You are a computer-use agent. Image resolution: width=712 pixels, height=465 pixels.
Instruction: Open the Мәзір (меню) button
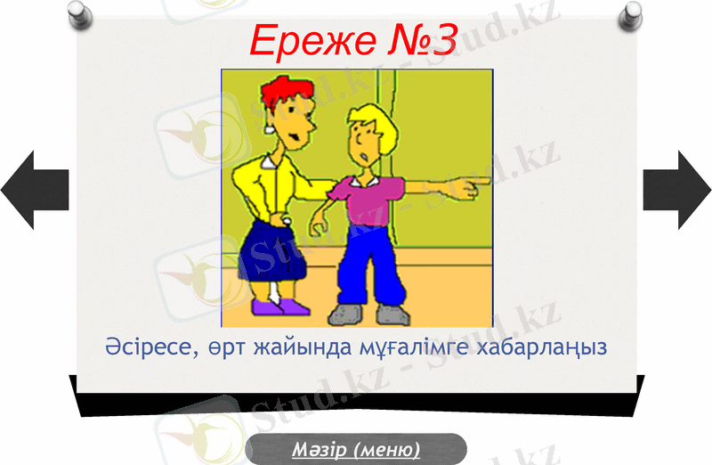(x=356, y=449)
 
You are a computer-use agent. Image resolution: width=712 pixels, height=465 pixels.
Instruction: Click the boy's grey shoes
(x=367, y=314)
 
